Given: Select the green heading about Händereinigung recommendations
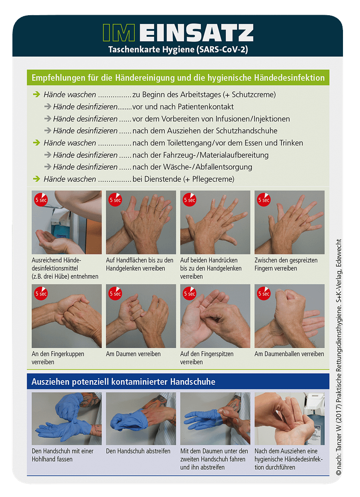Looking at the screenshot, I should (x=178, y=78).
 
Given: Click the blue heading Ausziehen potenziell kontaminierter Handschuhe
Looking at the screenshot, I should (x=123, y=381).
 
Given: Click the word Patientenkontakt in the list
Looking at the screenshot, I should (x=204, y=107).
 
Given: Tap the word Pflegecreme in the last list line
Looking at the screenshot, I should (x=214, y=179).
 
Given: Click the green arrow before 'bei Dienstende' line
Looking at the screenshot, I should (x=36, y=179).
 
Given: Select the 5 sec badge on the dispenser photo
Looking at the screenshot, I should (x=40, y=200).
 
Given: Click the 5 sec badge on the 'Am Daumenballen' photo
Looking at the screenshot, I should (x=263, y=293).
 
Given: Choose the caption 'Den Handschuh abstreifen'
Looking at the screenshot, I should (x=138, y=451).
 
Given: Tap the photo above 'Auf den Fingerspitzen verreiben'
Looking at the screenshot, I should (x=215, y=316).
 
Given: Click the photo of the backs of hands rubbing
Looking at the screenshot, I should (x=215, y=223).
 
